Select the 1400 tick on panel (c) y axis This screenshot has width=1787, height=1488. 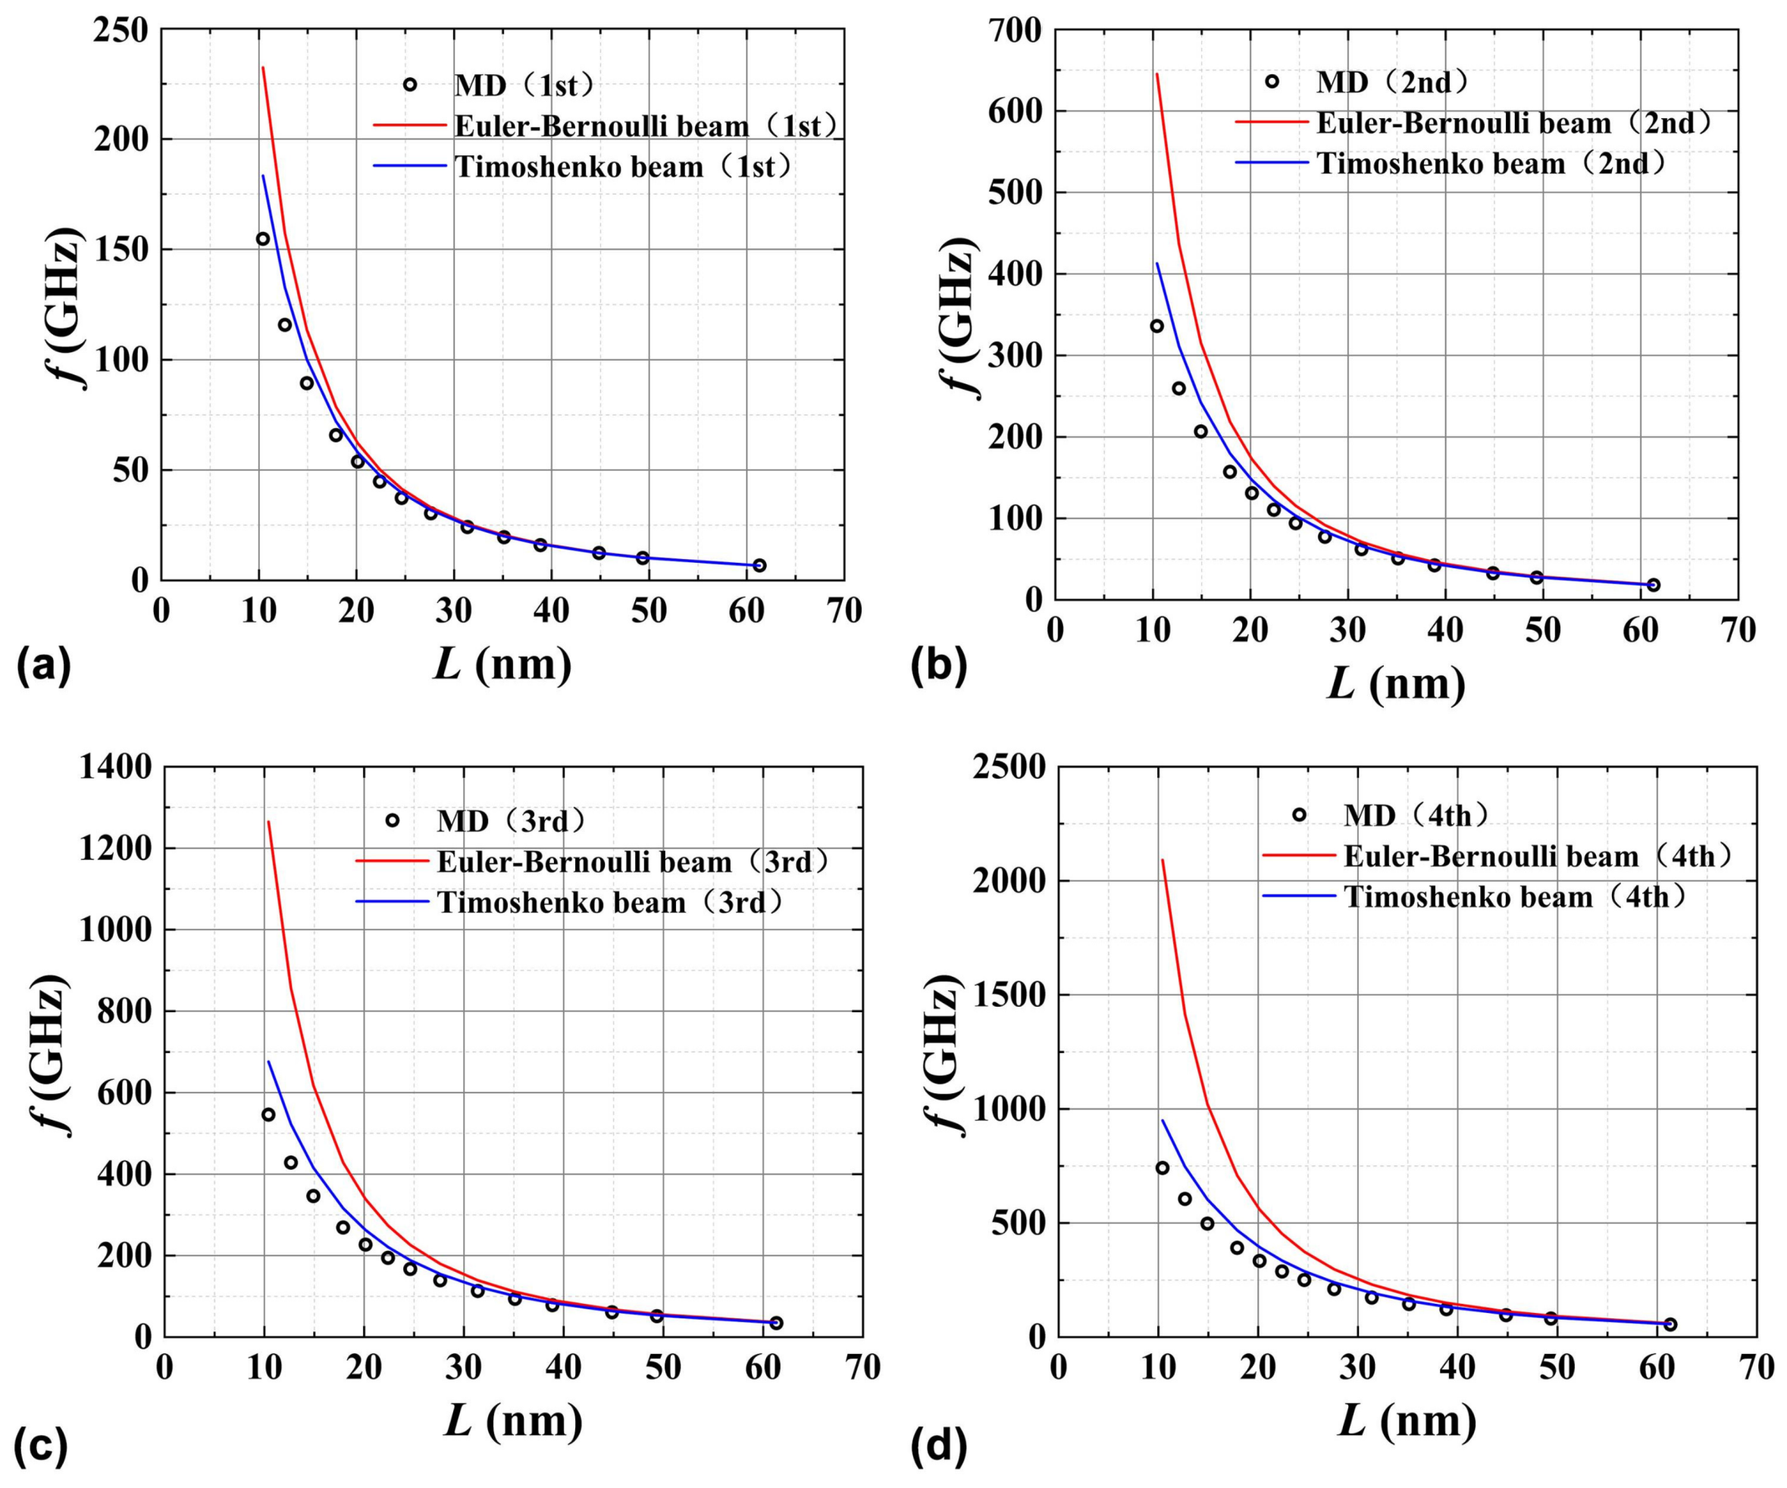pos(116,768)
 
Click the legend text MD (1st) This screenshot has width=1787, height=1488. pos(524,85)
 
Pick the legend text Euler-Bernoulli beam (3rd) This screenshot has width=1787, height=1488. pos(632,862)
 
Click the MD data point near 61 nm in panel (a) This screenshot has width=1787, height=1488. pos(759,565)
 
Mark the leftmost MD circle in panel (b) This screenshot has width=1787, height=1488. pos(1156,326)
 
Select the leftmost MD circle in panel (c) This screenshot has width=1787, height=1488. pos(268,1114)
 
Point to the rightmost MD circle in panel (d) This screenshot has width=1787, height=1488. pos(1670,1324)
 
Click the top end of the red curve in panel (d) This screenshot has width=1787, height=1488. pos(1163,860)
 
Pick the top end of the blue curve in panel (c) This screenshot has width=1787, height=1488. pos(268,1061)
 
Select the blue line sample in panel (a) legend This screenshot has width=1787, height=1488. pos(409,166)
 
